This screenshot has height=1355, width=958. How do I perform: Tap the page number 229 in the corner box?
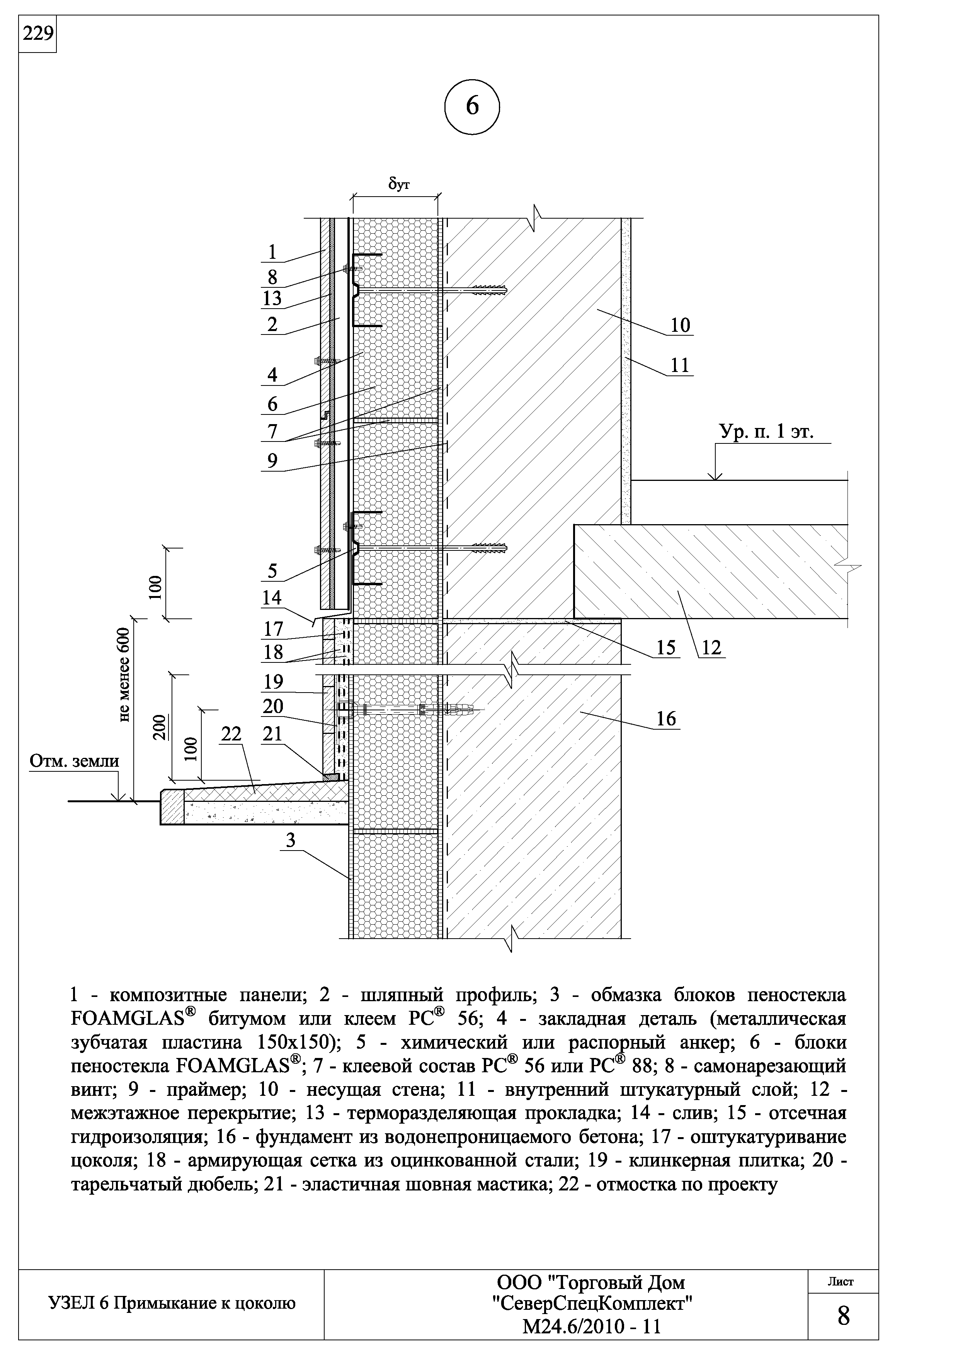(37, 34)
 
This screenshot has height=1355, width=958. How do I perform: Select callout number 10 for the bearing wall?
(680, 325)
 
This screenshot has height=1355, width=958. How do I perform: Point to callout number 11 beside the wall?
(680, 365)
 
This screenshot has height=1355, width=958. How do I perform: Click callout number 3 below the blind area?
(290, 841)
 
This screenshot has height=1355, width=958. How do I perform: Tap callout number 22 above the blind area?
(231, 734)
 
